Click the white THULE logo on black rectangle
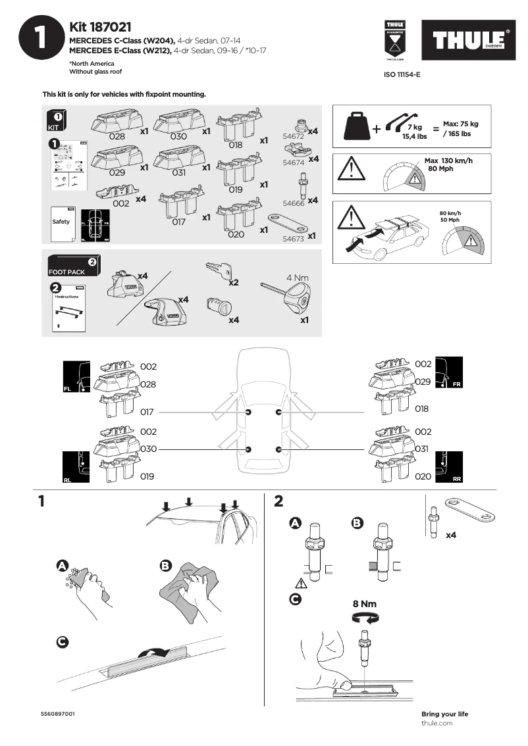(x=469, y=41)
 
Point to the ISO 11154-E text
(x=402, y=75)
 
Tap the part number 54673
(x=293, y=239)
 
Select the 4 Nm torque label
(x=297, y=278)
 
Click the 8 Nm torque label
(x=364, y=603)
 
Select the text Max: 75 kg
(x=460, y=124)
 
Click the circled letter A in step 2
(x=296, y=523)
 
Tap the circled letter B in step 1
(x=165, y=565)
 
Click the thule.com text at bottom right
(x=436, y=723)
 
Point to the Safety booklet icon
(x=61, y=222)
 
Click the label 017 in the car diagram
(x=147, y=412)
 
